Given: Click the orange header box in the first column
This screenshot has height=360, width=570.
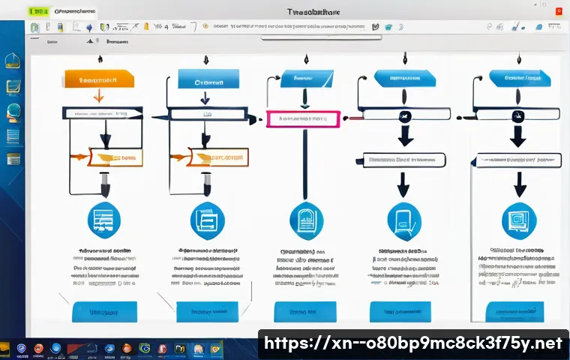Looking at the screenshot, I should click(100, 79).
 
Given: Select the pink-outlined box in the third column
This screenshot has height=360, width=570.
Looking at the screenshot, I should click(304, 118).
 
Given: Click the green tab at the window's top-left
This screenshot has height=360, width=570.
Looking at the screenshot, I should click(37, 13).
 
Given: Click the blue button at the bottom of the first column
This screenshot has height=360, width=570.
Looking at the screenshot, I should click(104, 310).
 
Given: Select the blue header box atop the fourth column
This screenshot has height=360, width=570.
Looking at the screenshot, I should click(405, 79).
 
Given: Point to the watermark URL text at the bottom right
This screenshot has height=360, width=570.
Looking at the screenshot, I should click(412, 343).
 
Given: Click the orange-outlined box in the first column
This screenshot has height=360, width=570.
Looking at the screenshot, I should click(115, 157).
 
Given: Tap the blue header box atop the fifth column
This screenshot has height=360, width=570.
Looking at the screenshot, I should click(517, 79).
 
